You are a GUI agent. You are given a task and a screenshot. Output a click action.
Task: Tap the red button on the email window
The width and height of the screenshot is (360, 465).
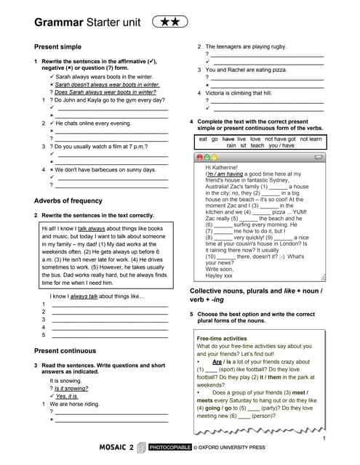click(x=201, y=157)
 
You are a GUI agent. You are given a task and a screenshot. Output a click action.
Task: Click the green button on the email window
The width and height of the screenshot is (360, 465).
click(x=215, y=157)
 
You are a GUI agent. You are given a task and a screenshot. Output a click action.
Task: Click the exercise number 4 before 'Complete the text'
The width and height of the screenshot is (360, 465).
click(x=191, y=121)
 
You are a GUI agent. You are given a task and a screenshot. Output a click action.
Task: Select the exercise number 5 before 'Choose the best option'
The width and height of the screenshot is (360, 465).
click(x=191, y=312)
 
